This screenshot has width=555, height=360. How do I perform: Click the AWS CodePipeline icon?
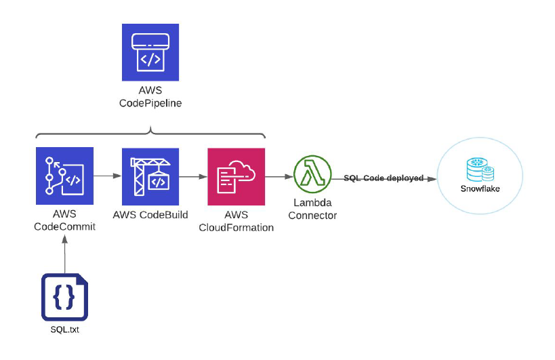pyautogui.click(x=150, y=52)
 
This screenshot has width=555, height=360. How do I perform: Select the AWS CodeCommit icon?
pyautogui.click(x=64, y=176)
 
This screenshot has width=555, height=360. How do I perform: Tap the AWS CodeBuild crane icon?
pyautogui.click(x=150, y=176)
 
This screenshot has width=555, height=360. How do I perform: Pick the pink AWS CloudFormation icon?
pyautogui.click(x=236, y=176)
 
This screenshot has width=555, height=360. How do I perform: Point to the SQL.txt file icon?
pyautogui.click(x=64, y=297)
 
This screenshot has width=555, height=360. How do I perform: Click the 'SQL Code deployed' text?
pyautogui.click(x=384, y=178)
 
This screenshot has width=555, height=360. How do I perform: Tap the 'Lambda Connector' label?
pyautogui.click(x=312, y=209)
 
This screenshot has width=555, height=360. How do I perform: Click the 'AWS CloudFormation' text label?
pyautogui.click(x=236, y=221)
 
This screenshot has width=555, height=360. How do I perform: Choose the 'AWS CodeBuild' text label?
pyautogui.click(x=150, y=215)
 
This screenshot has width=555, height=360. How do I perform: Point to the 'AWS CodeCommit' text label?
pyautogui.click(x=64, y=221)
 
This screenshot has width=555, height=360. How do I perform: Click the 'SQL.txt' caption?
pyautogui.click(x=64, y=330)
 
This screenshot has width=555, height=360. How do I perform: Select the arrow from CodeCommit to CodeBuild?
pyautogui.click(x=106, y=176)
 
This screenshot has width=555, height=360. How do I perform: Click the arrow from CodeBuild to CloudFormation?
pyautogui.click(x=192, y=176)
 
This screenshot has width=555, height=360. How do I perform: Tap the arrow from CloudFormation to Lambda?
pyautogui.click(x=278, y=176)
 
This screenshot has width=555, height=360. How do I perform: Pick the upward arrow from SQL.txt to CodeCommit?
pyautogui.click(x=64, y=251)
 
